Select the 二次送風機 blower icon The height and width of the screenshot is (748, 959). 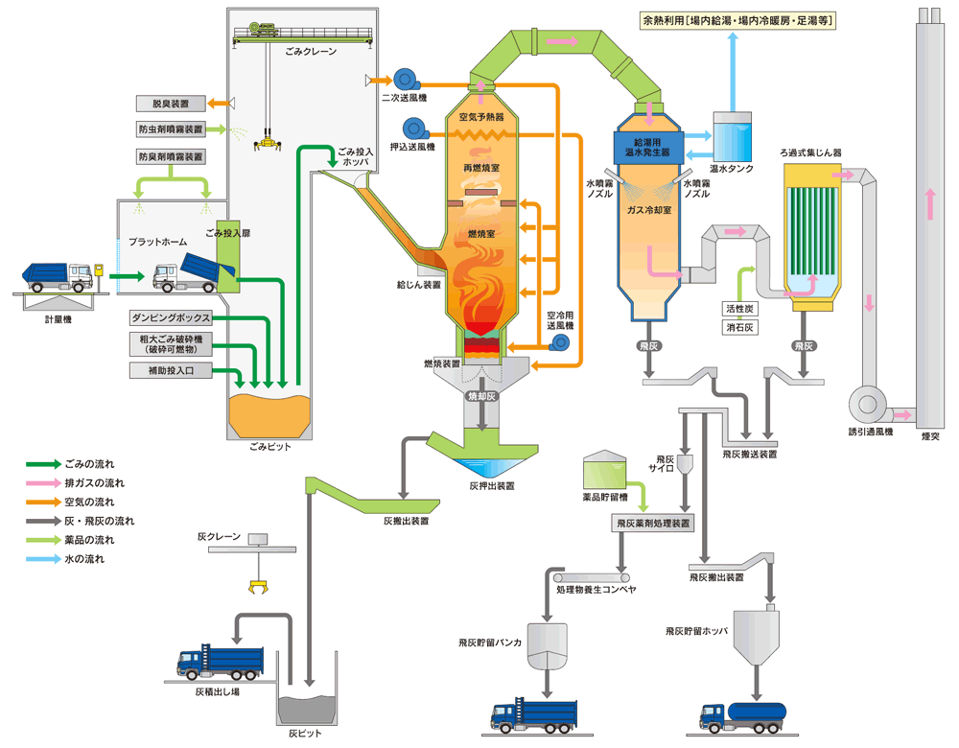click(x=403, y=79)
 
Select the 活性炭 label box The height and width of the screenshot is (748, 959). click(x=741, y=309)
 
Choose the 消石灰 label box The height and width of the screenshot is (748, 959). click(x=741, y=328)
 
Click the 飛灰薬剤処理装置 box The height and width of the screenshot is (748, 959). click(x=653, y=524)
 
